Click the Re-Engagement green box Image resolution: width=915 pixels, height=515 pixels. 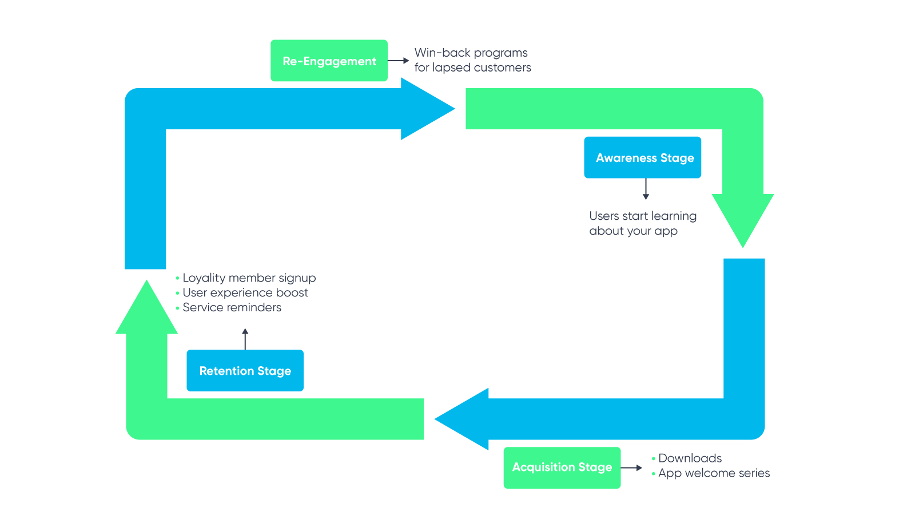[329, 61]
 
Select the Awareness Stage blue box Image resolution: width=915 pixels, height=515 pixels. [642, 157]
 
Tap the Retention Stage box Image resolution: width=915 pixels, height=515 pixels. [245, 371]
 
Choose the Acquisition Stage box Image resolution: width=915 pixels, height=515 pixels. [562, 468]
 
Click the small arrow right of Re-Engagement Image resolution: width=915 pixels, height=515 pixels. [399, 61]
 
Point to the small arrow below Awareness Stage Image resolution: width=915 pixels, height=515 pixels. [646, 189]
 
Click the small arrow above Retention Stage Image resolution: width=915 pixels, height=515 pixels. [245, 339]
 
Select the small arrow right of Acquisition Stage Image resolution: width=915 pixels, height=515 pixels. [632, 468]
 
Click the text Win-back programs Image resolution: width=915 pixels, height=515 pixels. [471, 53]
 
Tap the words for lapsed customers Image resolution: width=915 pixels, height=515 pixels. [472, 68]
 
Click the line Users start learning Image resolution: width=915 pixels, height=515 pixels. [643, 216]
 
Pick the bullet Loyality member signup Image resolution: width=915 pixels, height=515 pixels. [249, 278]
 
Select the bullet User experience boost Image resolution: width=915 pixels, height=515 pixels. [245, 292]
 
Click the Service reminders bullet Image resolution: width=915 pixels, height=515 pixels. [232, 307]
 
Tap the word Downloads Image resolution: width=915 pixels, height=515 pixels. [690, 458]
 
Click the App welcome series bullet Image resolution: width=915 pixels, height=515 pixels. [714, 473]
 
